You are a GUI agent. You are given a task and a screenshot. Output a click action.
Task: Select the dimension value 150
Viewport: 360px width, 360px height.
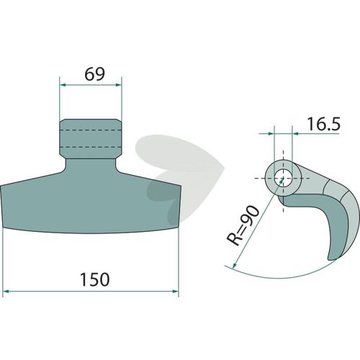click(x=95, y=279)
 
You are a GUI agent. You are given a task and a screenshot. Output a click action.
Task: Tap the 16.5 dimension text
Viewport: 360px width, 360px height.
click(x=324, y=124)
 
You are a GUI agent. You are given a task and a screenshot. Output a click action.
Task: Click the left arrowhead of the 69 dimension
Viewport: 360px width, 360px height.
click(x=63, y=85)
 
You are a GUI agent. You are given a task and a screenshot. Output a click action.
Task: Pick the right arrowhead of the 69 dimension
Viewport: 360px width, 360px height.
click(x=119, y=85)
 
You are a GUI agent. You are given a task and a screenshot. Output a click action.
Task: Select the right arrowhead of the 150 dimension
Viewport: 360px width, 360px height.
click(x=176, y=292)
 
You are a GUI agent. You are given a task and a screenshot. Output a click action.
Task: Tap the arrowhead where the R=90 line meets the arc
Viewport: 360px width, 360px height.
click(x=235, y=265)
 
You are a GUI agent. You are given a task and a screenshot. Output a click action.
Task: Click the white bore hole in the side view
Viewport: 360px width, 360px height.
click(x=283, y=178)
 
